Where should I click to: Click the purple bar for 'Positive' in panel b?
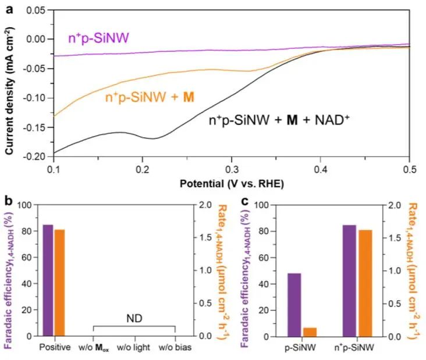point(48,280)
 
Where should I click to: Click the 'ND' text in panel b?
point(135,319)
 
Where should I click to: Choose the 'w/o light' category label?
point(135,347)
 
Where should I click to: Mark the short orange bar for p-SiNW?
point(310,332)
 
